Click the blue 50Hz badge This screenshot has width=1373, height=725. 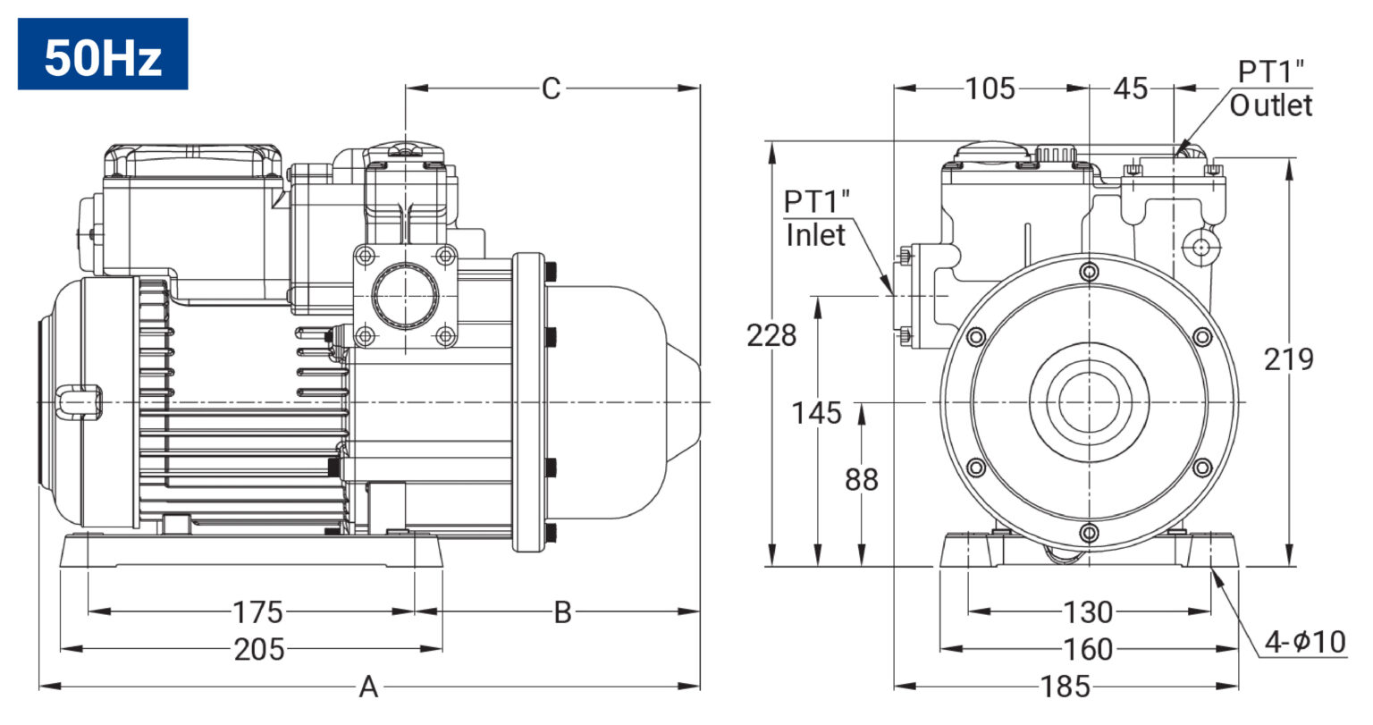tap(103, 54)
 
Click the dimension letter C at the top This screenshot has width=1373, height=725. tap(551, 89)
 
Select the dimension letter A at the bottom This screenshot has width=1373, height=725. tap(368, 687)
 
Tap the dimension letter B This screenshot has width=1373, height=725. tap(562, 611)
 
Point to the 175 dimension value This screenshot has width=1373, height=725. tap(258, 611)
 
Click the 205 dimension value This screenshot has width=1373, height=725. tap(259, 649)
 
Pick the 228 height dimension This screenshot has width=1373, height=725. tap(771, 335)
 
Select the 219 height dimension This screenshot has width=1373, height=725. tap(1289, 359)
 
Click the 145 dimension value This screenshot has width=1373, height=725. tap(816, 413)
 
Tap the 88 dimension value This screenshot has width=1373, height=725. tap(861, 479)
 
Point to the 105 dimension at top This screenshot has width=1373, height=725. tap(990, 89)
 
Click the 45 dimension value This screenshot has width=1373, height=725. tap(1131, 89)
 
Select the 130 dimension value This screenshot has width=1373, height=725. tap(1088, 611)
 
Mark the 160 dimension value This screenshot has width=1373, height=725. tap(1088, 649)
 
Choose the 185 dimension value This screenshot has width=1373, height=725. tap(1066, 687)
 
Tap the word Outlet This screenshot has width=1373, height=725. tap(1271, 105)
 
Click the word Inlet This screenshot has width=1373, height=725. tap(816, 235)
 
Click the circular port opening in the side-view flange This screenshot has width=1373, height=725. tap(405, 297)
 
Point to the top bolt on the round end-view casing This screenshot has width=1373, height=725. tap(1090, 272)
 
